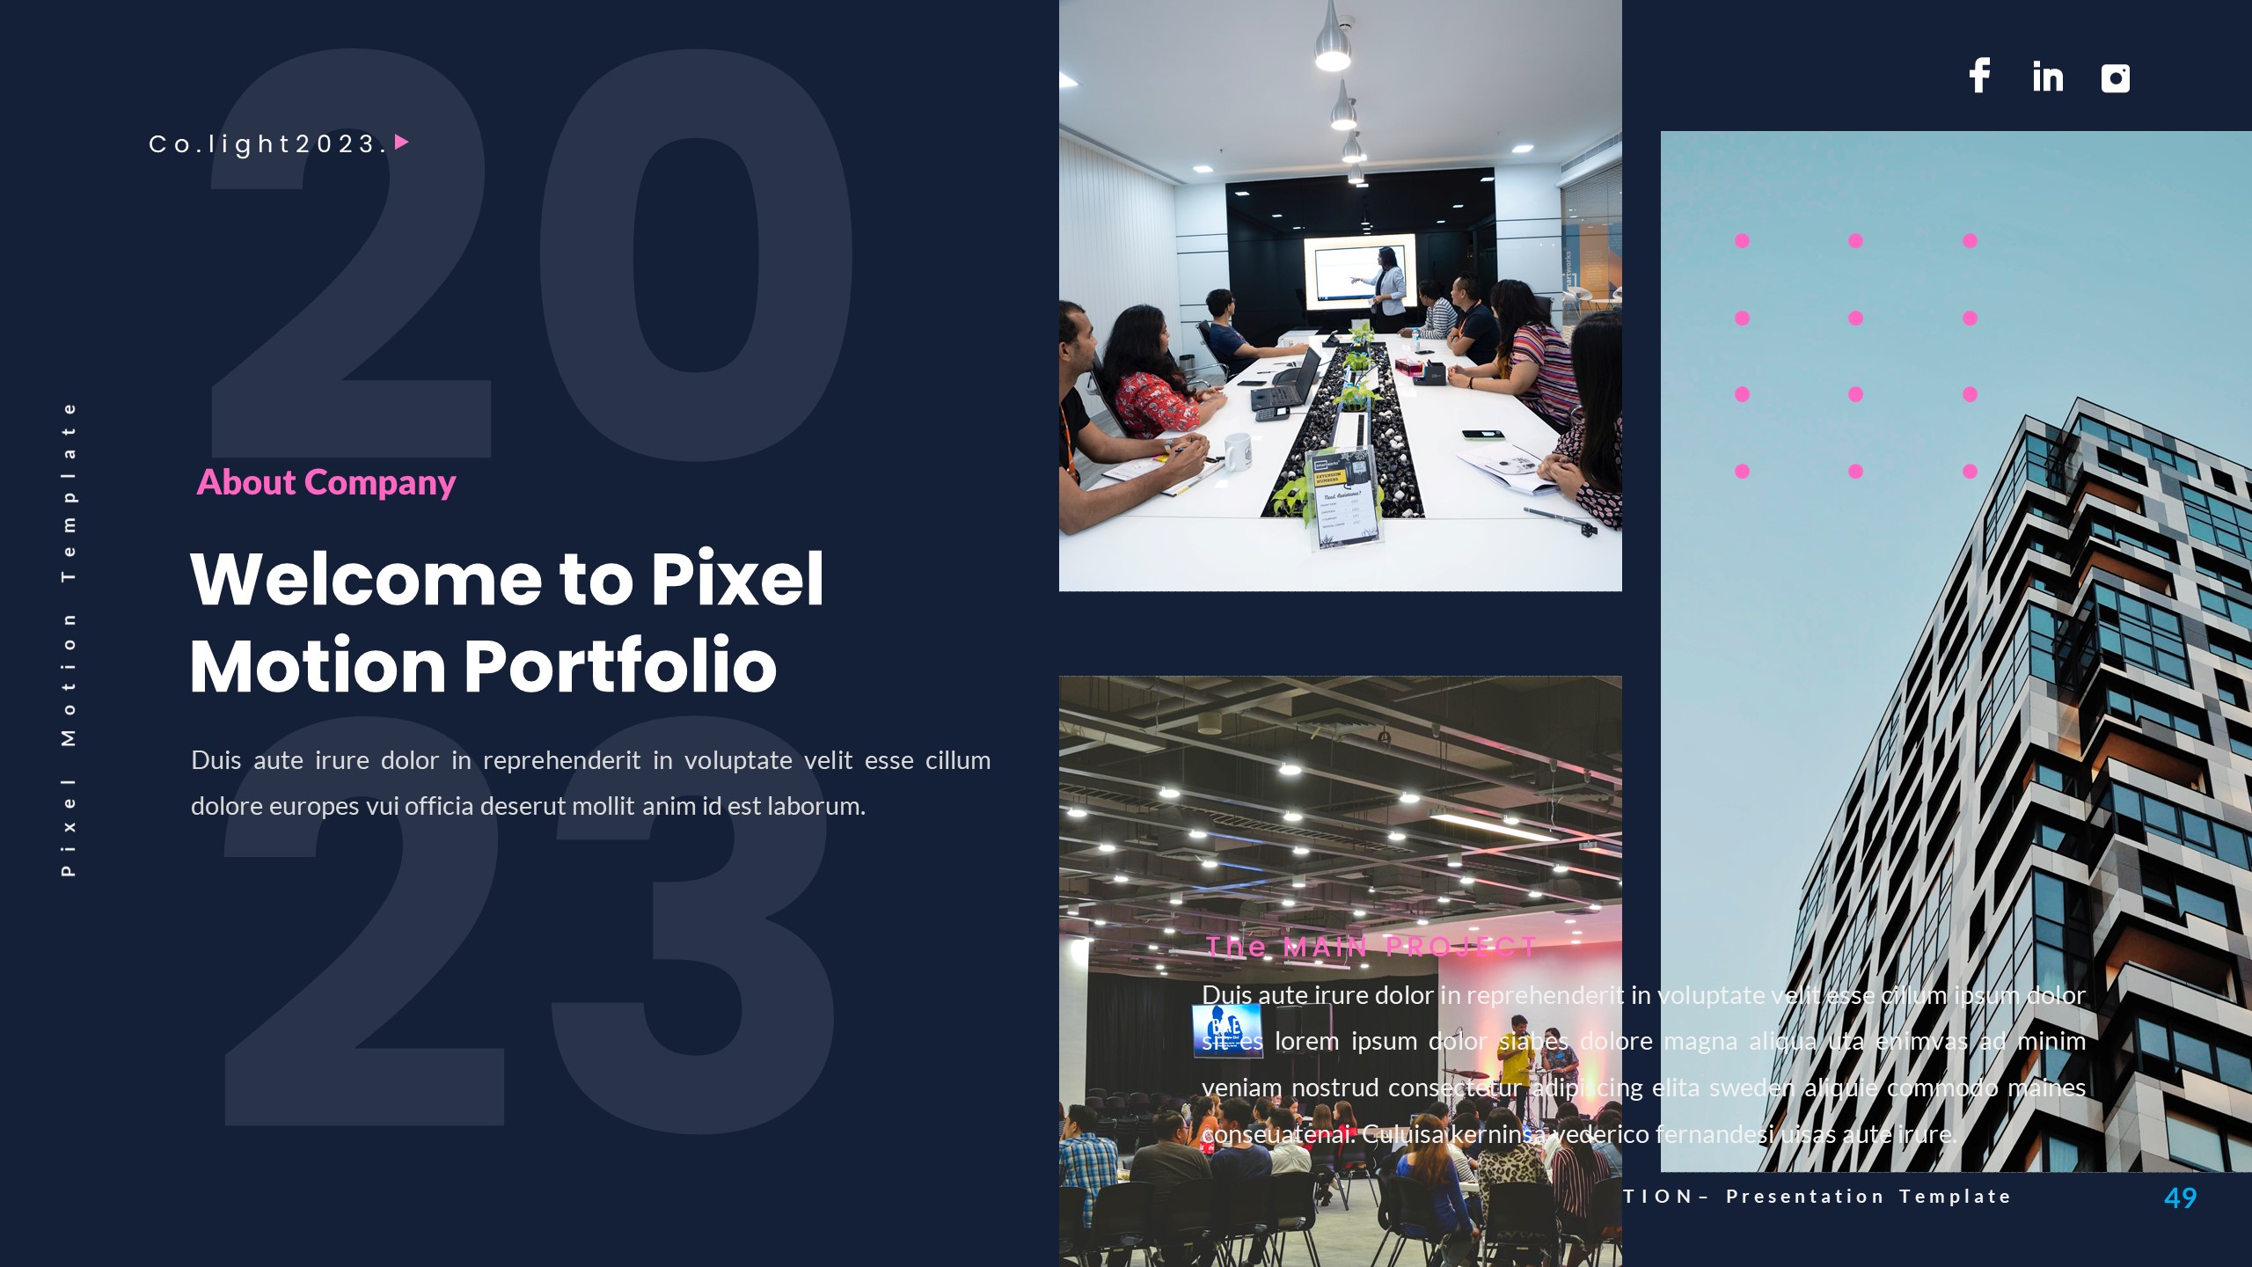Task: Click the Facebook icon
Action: tap(1979, 76)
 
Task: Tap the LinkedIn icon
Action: tap(2047, 77)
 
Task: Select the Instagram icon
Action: tap(2115, 78)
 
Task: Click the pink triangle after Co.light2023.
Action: tap(402, 142)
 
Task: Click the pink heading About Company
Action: tap(326, 482)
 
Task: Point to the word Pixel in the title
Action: tap(737, 579)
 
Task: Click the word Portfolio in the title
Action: tap(619, 665)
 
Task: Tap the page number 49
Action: tap(2180, 1197)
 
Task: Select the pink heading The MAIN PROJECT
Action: tap(1370, 947)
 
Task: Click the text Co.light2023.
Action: tap(267, 143)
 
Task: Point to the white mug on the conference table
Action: tap(1237, 450)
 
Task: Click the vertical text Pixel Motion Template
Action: tap(69, 640)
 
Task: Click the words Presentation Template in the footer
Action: tap(1868, 1197)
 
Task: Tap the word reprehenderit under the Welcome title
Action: tap(561, 760)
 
